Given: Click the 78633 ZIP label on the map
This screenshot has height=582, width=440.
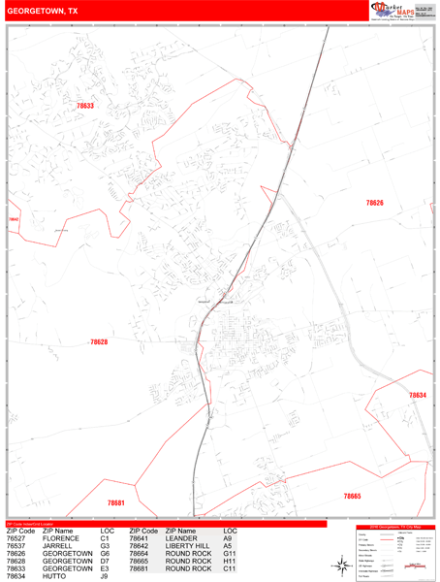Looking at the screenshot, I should [x=85, y=106].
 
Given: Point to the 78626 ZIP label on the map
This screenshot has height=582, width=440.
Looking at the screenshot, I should [x=374, y=203].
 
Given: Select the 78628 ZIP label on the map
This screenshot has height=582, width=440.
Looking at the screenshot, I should [x=98, y=342].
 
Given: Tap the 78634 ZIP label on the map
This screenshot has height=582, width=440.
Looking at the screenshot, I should [x=417, y=396].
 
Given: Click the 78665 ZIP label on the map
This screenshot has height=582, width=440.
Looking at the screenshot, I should [x=352, y=496].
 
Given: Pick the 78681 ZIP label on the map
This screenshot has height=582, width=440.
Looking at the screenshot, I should [x=116, y=503].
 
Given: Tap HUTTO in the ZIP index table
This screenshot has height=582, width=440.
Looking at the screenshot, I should [x=55, y=576].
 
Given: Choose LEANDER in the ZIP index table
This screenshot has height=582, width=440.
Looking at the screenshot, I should [x=181, y=539].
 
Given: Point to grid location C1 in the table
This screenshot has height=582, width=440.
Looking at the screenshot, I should [x=105, y=539].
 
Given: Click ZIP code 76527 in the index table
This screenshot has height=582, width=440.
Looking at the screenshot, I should [x=18, y=539].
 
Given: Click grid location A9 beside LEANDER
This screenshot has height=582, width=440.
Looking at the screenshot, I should [x=227, y=539].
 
